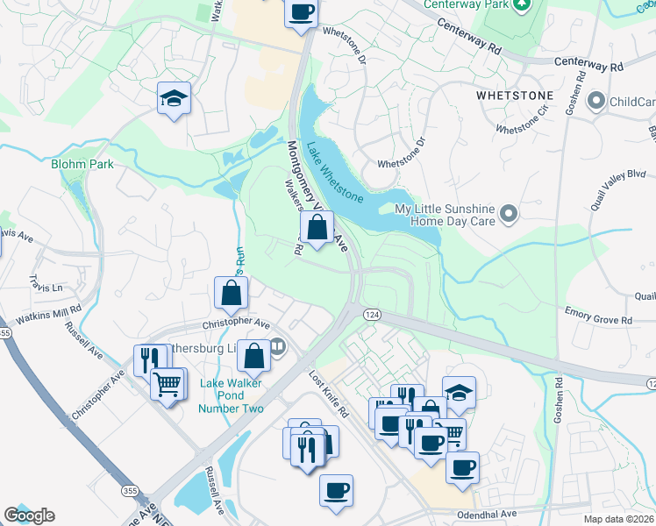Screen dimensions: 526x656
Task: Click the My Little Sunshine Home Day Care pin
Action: tap(508, 213)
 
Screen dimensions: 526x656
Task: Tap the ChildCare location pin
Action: tap(596, 102)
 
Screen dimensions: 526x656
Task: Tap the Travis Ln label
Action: tap(46, 288)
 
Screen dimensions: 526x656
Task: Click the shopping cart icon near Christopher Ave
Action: tap(168, 382)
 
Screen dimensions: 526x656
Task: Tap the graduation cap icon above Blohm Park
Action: tap(175, 98)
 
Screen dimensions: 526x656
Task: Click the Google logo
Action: tap(29, 515)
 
